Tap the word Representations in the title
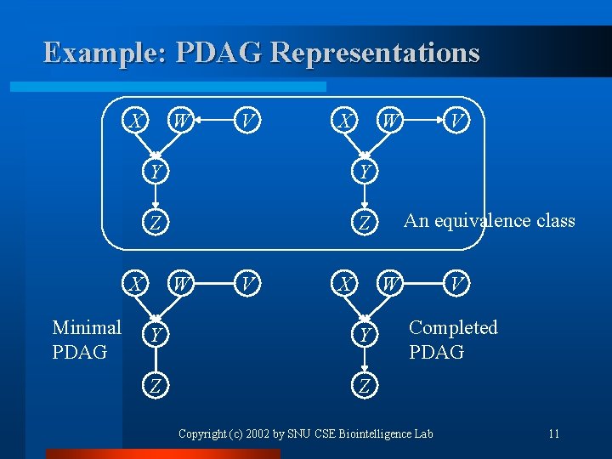click(375, 53)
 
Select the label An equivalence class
click(489, 221)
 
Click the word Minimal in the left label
click(87, 327)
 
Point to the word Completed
click(453, 327)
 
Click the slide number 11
click(553, 434)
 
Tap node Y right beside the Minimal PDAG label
click(154, 335)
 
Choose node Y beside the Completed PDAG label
click(365, 335)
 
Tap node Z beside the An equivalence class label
click(365, 224)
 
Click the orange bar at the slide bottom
click(161, 454)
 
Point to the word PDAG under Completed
click(436, 351)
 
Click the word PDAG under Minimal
click(80, 351)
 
